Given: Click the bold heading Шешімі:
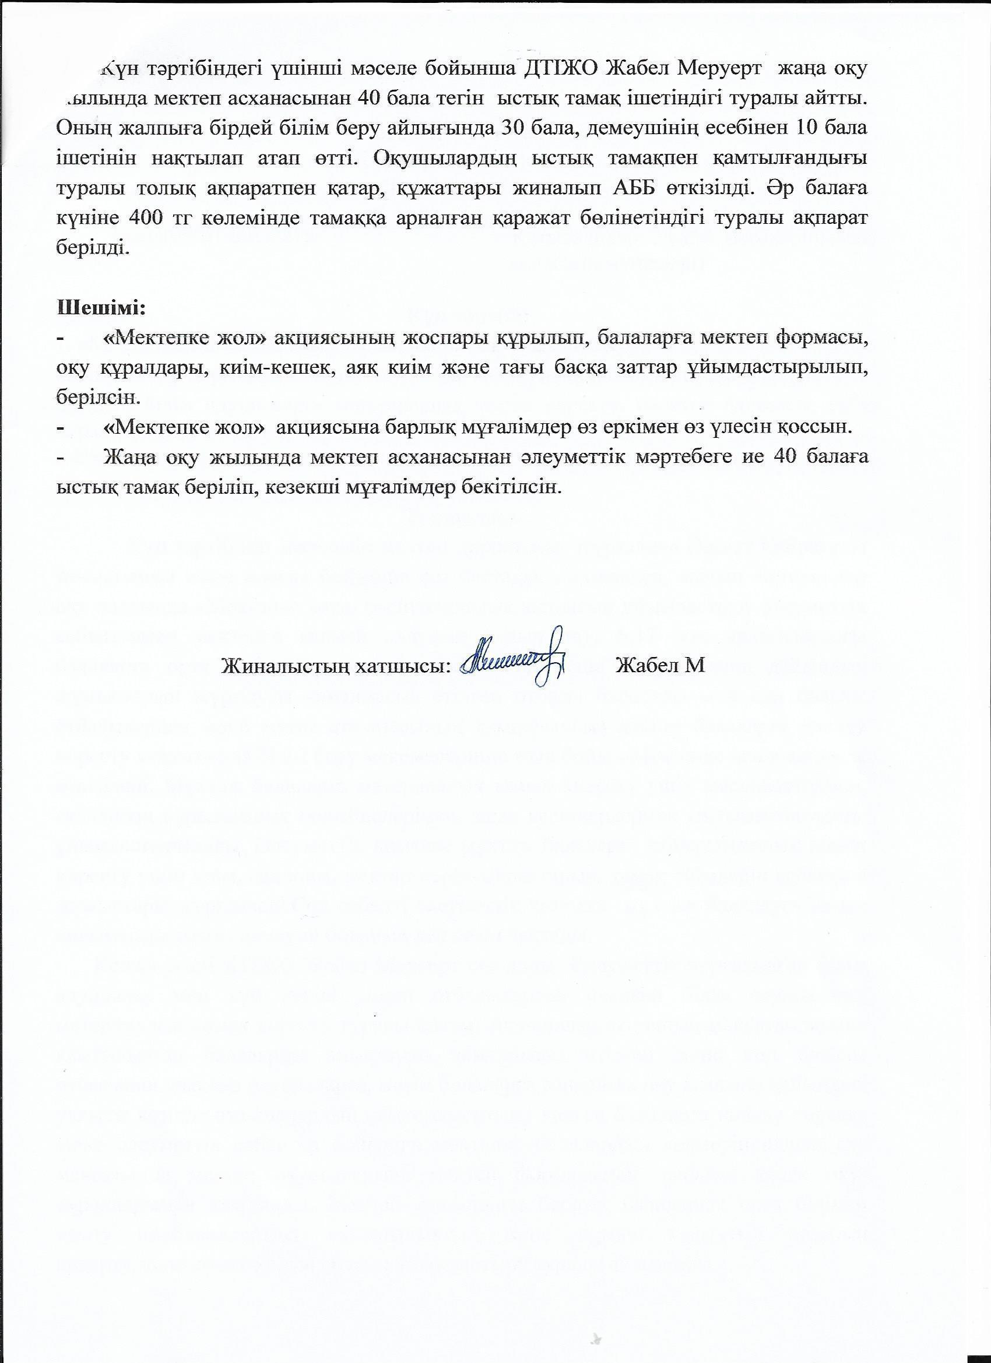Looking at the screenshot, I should tap(101, 309).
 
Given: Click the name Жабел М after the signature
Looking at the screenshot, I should tap(660, 665).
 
